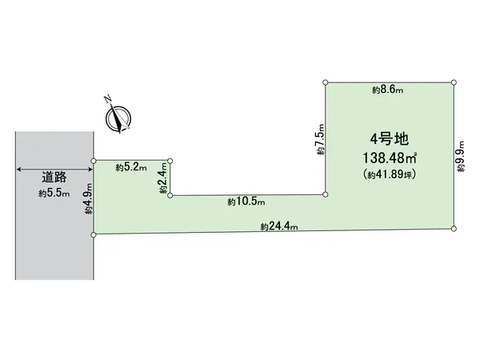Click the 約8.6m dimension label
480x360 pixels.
click(387, 90)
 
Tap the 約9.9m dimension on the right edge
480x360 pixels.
click(461, 156)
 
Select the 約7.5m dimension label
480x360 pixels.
click(320, 139)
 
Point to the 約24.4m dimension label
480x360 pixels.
click(279, 226)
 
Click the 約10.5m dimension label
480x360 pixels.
click(246, 202)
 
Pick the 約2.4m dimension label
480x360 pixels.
click(164, 178)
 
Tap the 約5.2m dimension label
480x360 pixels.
click(131, 167)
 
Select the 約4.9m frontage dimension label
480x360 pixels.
click(89, 198)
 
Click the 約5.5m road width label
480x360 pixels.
click(54, 194)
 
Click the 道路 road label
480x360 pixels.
click(54, 177)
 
